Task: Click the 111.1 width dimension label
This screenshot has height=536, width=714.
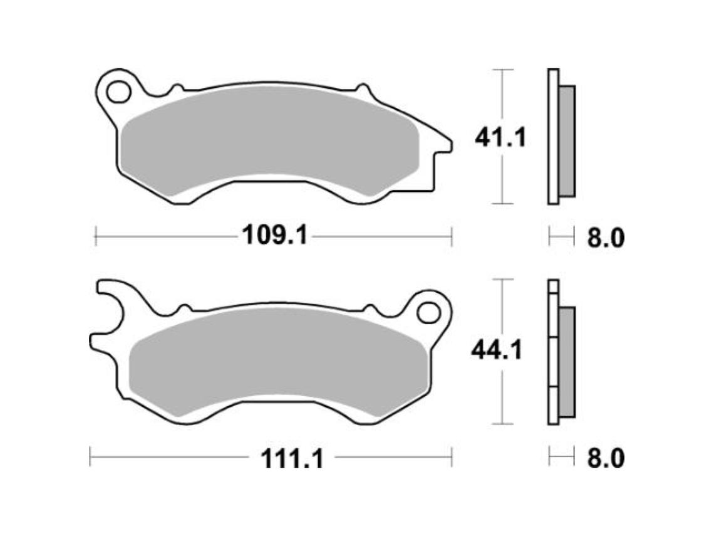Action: (x=292, y=459)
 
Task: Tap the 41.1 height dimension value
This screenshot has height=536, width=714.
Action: (x=500, y=137)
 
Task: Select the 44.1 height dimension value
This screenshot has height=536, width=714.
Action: (x=497, y=351)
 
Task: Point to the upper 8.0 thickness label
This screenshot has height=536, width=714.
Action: (x=605, y=238)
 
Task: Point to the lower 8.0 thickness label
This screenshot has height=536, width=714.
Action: (x=605, y=459)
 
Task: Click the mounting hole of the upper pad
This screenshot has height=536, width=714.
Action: (x=117, y=92)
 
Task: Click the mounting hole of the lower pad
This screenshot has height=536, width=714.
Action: (x=429, y=312)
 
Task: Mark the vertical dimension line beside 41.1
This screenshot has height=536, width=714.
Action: (x=503, y=176)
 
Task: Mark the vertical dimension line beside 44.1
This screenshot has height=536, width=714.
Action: (x=503, y=389)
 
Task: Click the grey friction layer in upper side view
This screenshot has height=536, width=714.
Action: (x=566, y=141)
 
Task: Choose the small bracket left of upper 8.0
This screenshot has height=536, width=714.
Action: (x=561, y=237)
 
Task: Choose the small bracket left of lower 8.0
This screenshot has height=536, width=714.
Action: (x=561, y=458)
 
